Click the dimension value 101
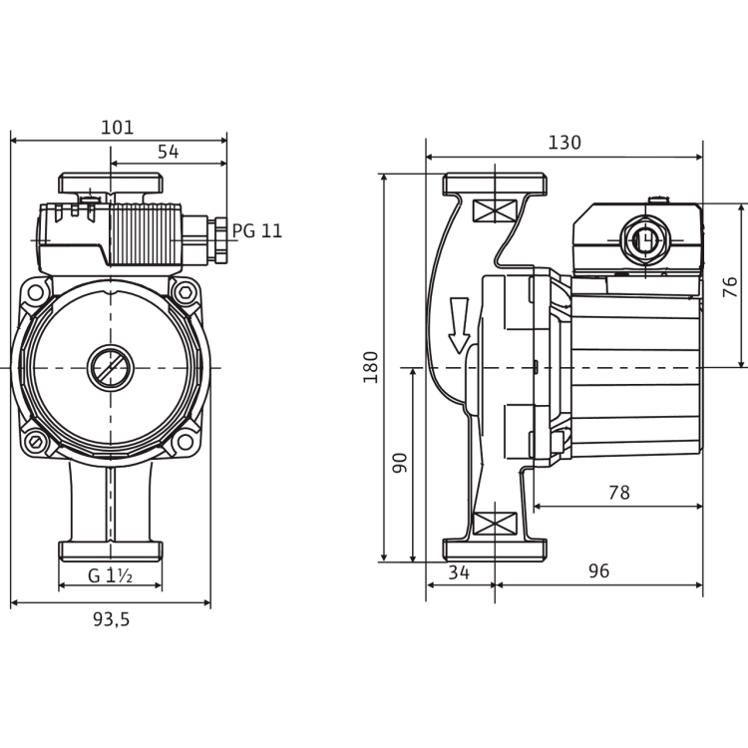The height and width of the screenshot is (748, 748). (x=118, y=128)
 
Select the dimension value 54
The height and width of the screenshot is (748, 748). (x=168, y=152)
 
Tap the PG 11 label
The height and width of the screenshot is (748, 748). (x=257, y=231)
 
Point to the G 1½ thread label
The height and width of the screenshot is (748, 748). (x=110, y=575)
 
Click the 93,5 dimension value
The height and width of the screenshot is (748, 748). (x=111, y=619)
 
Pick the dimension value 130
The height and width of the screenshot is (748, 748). (x=564, y=143)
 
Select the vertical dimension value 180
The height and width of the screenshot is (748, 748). (x=371, y=367)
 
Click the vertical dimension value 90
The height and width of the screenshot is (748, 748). (x=400, y=463)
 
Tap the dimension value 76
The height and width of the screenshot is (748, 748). (x=730, y=287)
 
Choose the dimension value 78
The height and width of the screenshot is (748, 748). (x=619, y=493)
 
